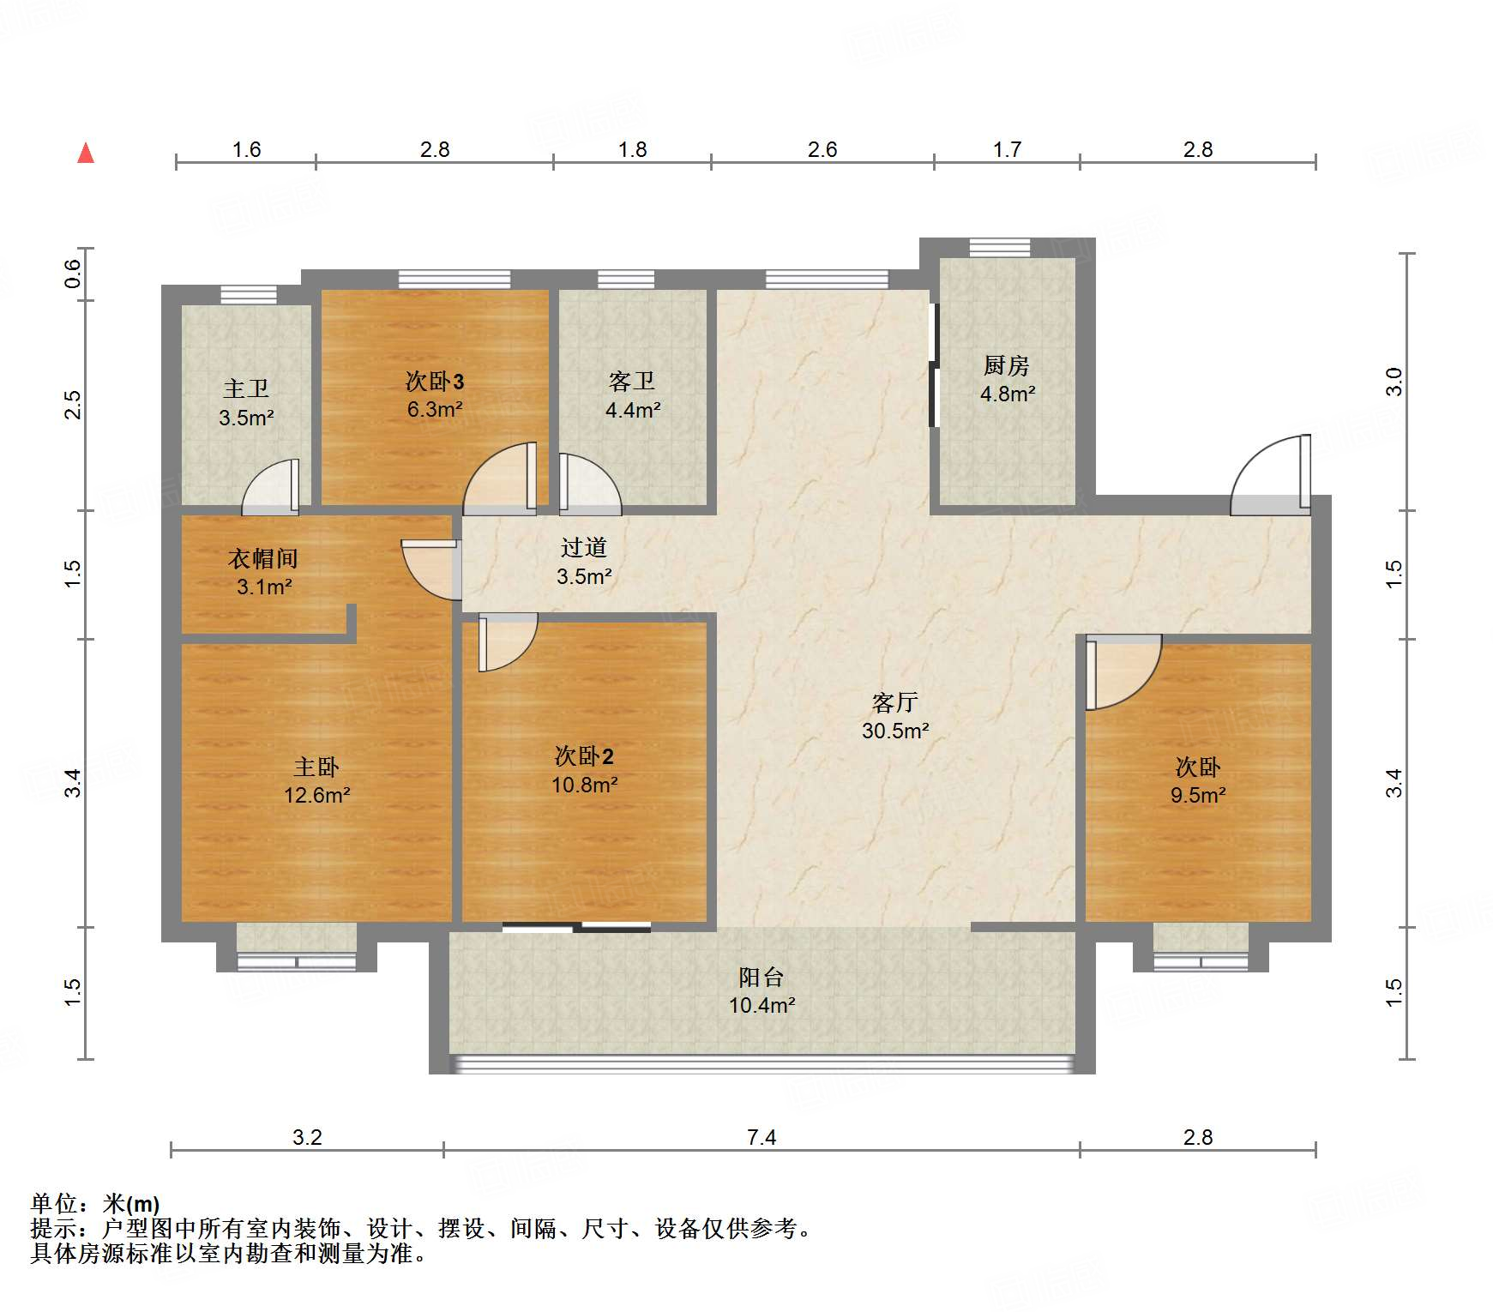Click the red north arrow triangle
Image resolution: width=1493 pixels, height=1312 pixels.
coord(86,153)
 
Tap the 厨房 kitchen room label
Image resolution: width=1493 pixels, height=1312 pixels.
coord(1006,366)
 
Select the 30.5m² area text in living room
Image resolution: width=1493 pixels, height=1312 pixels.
coord(895,731)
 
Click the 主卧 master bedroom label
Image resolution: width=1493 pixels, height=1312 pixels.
coord(316,767)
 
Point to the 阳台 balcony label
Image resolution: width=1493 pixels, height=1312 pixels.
coord(761,977)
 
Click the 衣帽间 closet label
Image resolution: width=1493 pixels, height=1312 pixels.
coord(263,559)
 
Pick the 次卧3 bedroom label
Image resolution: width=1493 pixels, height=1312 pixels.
coord(435,382)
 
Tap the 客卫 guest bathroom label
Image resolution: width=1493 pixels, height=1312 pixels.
coord(632,382)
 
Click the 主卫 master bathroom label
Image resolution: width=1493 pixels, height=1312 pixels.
coord(246,389)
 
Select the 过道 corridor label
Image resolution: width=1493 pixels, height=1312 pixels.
coord(584,547)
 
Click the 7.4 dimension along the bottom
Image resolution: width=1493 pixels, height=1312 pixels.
coord(761,1137)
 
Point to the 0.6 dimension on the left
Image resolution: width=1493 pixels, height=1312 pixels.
coord(73,274)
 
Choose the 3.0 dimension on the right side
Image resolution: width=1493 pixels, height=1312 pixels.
coord(1394,381)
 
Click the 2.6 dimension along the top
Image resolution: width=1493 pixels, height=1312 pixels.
coord(822,150)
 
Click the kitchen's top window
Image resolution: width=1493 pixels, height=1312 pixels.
coord(1000,248)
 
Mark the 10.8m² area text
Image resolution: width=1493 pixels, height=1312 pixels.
coord(584,785)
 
